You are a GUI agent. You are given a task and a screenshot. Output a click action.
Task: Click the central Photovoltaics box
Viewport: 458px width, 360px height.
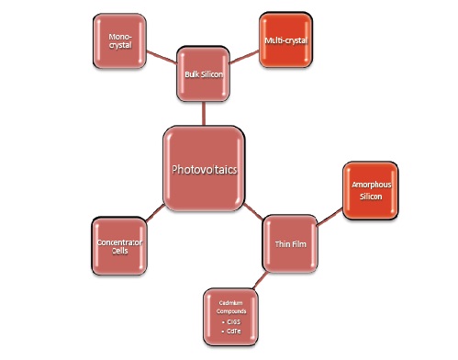tap(204, 169)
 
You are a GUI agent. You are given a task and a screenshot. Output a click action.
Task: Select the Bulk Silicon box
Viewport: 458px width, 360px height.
tap(201, 86)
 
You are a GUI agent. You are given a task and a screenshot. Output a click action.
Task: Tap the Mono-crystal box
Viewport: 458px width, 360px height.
tap(120, 40)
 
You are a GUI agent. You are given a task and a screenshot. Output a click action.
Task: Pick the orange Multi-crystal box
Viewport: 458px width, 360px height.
tap(285, 40)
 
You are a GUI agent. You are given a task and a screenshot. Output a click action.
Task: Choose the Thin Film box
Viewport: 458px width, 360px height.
tap(290, 242)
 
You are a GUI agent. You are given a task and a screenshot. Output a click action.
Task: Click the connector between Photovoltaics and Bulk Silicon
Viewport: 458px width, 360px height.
tap(203, 116)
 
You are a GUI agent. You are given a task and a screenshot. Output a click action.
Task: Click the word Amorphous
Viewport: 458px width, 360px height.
tap(371, 186)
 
